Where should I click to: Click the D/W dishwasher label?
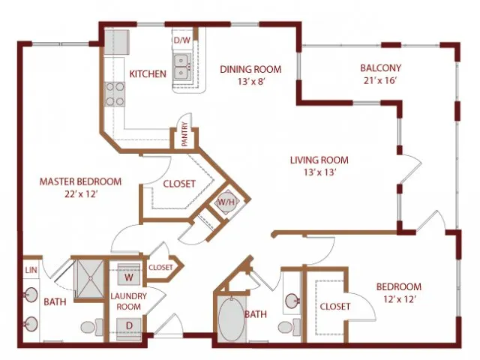182,40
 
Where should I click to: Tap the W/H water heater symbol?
226,202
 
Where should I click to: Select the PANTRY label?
184,134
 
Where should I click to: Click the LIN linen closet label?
31,270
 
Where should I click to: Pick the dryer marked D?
129,326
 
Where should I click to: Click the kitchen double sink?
181,66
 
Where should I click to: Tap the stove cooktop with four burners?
115,94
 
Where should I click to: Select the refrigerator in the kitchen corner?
116,42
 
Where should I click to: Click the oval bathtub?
232,319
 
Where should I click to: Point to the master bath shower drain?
91,278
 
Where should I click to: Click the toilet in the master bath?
92,327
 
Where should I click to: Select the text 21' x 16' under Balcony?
380,80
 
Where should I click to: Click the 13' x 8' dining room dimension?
250,82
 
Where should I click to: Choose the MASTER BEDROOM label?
80,181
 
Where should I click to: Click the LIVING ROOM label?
319,160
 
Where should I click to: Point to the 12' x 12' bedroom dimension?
398,298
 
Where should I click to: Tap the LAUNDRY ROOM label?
128,301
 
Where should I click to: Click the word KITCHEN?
148,73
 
